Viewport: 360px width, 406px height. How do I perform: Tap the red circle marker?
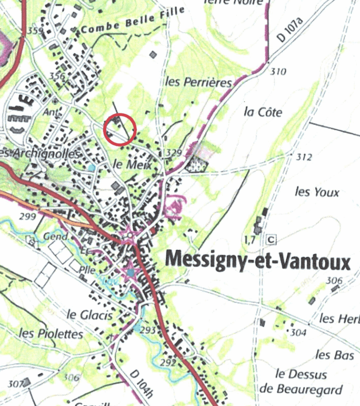click(x=120, y=130)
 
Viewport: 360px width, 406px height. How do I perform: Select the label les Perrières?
click(x=198, y=82)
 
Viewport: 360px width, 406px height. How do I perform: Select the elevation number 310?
click(x=278, y=72)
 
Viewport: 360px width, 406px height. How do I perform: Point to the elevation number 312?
click(x=304, y=157)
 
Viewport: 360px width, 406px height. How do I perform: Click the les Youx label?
click(x=317, y=193)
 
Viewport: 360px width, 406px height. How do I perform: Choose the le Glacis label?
click(x=90, y=315)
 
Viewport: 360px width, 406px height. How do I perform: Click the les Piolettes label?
click(x=51, y=333)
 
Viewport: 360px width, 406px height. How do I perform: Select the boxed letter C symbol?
click(x=271, y=239)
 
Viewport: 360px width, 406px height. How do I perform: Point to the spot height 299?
click(x=28, y=216)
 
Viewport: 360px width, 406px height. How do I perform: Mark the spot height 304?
click(x=298, y=332)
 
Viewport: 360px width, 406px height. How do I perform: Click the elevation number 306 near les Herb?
click(x=334, y=281)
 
